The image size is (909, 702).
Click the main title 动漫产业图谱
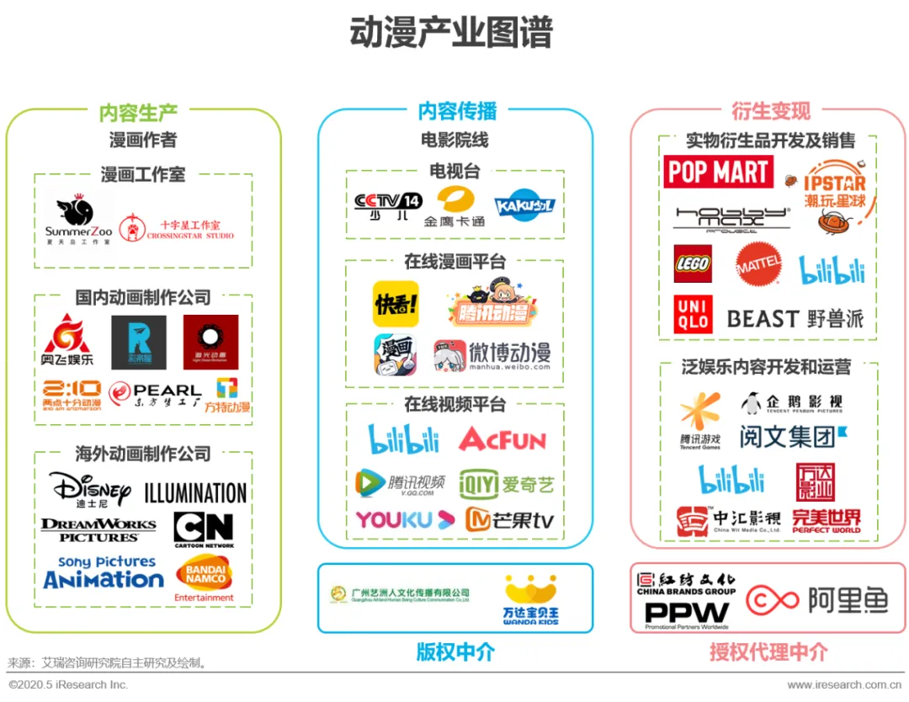tap(451, 34)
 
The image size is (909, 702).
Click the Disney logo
tap(89, 490)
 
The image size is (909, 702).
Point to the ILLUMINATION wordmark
tap(195, 492)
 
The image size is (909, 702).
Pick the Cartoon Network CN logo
tap(203, 529)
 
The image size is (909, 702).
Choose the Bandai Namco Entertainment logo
tap(204, 579)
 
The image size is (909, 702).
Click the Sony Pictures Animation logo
tap(104, 572)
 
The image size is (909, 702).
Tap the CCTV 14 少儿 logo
tap(387, 205)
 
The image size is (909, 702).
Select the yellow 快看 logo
tap(396, 304)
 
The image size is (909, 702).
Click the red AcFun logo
tap(502, 439)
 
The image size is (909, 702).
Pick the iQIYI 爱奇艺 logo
tap(507, 484)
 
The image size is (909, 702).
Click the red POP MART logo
tap(718, 173)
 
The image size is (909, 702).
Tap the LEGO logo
tap(693, 264)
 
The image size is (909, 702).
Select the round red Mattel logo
tap(758, 265)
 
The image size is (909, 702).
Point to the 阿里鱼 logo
tap(817, 600)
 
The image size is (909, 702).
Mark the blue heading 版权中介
tap(455, 651)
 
